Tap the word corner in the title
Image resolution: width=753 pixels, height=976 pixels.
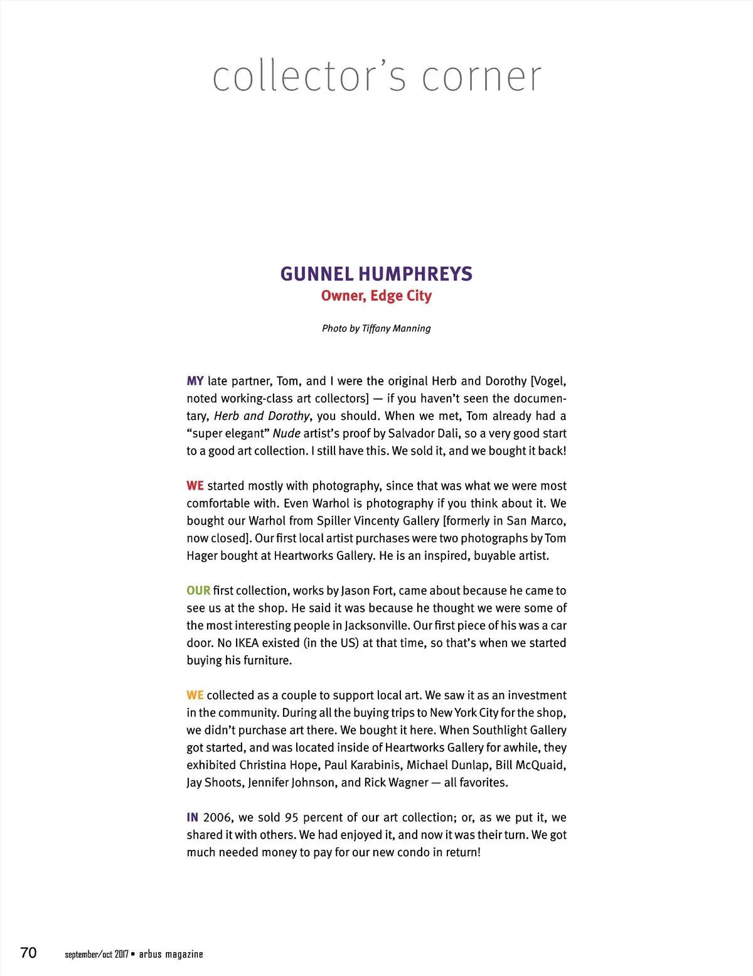(481, 77)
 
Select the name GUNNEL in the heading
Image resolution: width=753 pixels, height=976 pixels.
(317, 274)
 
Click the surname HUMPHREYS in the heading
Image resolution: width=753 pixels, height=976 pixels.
(415, 274)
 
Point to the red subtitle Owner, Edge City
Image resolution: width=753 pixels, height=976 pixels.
(376, 296)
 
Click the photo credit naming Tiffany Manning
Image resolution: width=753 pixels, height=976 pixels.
(376, 328)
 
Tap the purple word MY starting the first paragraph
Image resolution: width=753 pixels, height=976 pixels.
(195, 381)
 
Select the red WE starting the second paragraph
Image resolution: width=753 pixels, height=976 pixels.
(195, 486)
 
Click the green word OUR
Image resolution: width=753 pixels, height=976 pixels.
(198, 591)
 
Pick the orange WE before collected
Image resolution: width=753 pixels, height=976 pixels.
(195, 695)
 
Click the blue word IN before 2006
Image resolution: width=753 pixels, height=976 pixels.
(192, 817)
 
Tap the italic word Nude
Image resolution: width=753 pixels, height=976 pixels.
(286, 434)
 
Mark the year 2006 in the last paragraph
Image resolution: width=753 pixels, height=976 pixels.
(217, 817)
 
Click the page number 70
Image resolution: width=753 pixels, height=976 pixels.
(29, 953)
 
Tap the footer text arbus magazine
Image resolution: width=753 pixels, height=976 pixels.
(171, 954)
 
